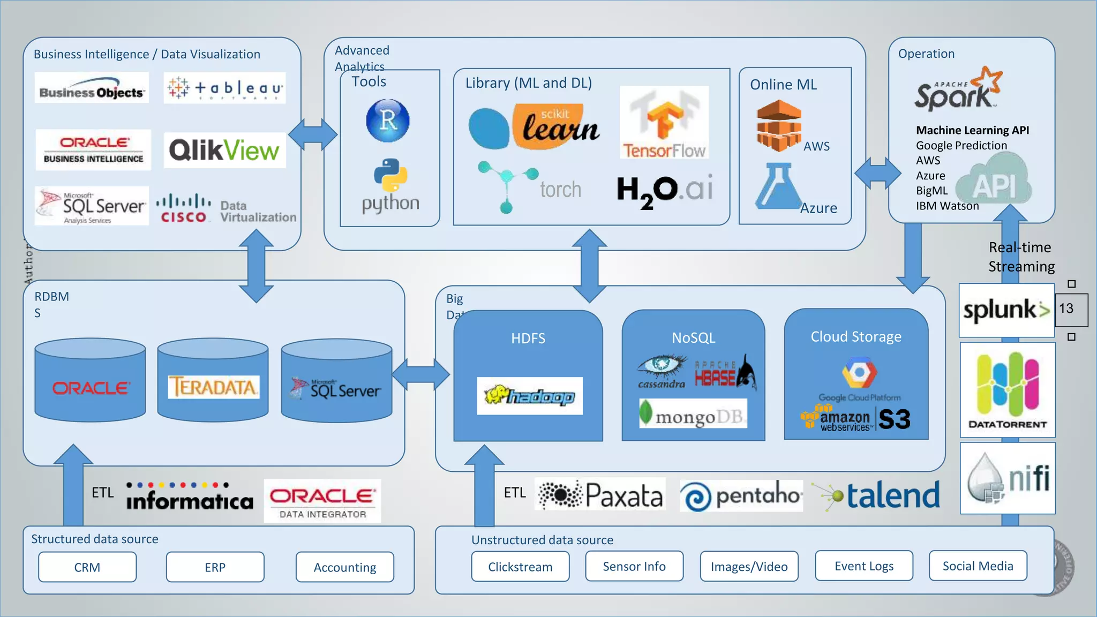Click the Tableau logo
click(x=224, y=88)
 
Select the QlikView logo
click(x=224, y=150)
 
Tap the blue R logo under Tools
click(x=388, y=121)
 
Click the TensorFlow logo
click(x=664, y=123)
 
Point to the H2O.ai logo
click(x=664, y=190)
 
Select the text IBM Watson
click(x=947, y=206)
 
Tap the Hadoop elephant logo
click(x=529, y=396)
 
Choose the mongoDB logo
click(x=693, y=414)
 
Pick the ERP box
click(x=215, y=567)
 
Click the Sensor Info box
click(x=634, y=567)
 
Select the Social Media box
click(x=978, y=566)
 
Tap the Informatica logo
click(x=190, y=497)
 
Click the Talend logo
click(x=878, y=495)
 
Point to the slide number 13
click(x=1066, y=309)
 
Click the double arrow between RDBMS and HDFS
click(x=420, y=373)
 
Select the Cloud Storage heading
click(x=856, y=337)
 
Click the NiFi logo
click(x=1008, y=478)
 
